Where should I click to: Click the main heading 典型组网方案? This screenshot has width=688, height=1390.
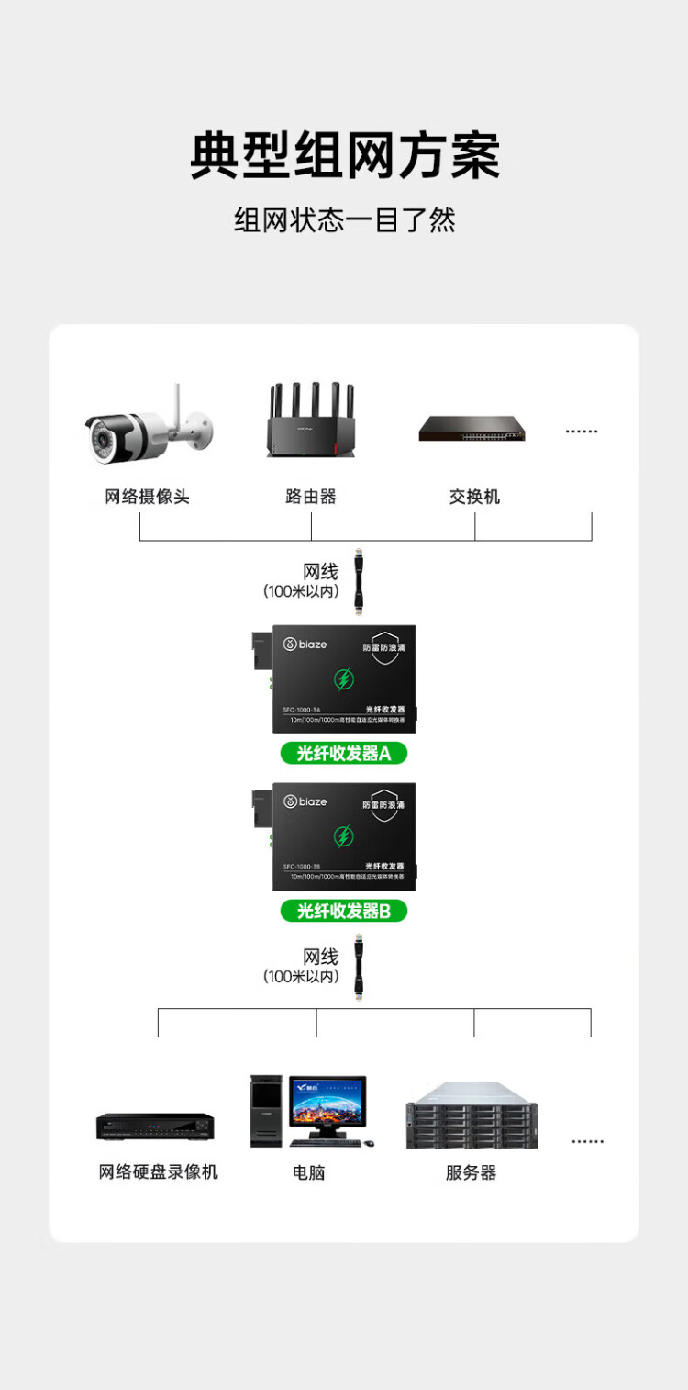[344, 155]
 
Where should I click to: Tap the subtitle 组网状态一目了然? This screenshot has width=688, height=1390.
[344, 220]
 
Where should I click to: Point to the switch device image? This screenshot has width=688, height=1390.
[472, 429]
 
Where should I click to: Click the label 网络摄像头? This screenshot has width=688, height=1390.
[147, 497]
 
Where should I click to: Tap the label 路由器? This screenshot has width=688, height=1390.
[311, 497]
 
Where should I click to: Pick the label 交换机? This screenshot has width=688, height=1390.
[474, 497]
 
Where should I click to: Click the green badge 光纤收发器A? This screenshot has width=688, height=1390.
[344, 754]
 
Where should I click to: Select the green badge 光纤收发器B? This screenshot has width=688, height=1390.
[344, 911]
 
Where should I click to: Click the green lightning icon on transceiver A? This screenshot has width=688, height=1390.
[343, 679]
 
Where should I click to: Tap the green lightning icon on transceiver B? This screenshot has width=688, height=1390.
[343, 836]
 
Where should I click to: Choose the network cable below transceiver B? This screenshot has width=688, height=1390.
[359, 966]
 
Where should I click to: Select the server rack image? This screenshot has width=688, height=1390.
[472, 1115]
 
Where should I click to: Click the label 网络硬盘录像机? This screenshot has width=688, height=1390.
[159, 1172]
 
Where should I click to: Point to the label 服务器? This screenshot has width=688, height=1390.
[471, 1172]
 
